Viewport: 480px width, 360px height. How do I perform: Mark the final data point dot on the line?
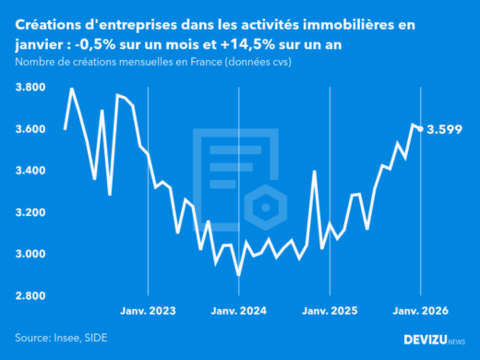[421, 129]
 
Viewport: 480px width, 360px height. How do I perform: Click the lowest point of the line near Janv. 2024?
[238, 275]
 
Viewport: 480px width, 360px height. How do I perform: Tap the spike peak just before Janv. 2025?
[315, 171]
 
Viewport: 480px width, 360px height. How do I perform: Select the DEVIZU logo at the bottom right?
[434, 339]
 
